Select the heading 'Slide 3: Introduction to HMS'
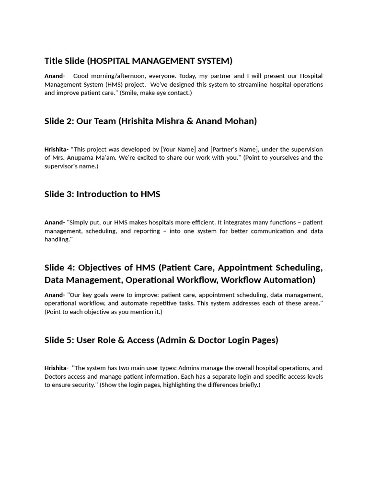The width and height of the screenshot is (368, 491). pyautogui.click(x=102, y=194)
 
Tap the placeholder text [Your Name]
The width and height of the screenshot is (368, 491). pyautogui.click(x=178, y=149)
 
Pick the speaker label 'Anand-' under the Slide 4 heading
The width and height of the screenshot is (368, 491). pyautogui.click(x=55, y=295)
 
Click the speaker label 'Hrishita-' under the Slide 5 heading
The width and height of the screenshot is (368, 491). pyautogui.click(x=57, y=368)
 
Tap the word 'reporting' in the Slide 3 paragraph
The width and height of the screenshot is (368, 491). pyautogui.click(x=147, y=231)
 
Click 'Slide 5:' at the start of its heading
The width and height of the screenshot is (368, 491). pyautogui.click(x=59, y=340)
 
